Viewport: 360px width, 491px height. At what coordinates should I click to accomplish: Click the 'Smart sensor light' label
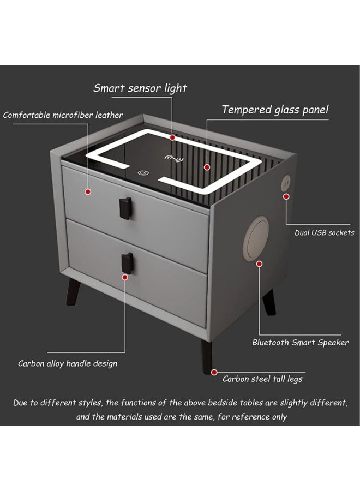tap(140, 88)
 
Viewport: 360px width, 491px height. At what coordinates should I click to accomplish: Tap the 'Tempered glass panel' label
tap(275, 110)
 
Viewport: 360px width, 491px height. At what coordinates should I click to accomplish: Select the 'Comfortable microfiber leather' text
tap(63, 115)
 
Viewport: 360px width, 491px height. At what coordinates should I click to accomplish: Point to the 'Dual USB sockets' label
tap(325, 232)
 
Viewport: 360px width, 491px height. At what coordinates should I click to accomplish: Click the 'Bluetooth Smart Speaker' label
tap(301, 343)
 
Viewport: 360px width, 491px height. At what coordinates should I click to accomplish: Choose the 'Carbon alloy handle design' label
tap(68, 363)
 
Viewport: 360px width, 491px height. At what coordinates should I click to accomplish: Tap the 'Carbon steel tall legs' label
tap(262, 379)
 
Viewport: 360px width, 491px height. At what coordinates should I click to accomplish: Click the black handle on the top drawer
tap(125, 208)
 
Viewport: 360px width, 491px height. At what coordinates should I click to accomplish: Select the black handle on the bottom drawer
tap(127, 264)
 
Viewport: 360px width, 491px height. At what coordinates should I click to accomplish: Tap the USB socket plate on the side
tap(286, 183)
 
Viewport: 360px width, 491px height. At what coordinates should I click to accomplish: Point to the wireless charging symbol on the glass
tap(174, 159)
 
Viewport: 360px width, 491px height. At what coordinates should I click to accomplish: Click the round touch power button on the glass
tap(143, 172)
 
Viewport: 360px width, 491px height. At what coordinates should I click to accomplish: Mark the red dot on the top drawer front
tap(88, 191)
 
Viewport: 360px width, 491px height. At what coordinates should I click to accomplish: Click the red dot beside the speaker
tap(259, 264)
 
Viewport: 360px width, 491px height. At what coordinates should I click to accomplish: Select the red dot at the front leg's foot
tap(214, 372)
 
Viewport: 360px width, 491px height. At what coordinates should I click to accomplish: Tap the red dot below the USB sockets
tap(286, 196)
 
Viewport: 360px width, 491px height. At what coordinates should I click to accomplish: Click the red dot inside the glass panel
tap(207, 167)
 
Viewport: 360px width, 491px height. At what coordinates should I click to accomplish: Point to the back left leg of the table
tap(73, 291)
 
